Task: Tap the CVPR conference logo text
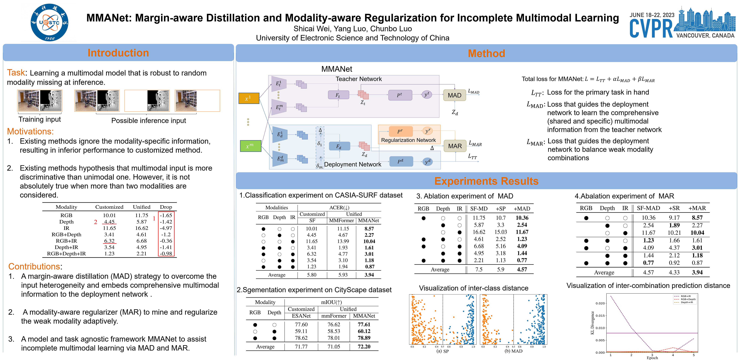(651, 29)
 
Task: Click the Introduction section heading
(118, 53)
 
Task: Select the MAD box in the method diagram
(454, 95)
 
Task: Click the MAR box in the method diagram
(455, 146)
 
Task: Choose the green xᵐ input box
(250, 146)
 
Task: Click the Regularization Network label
(408, 140)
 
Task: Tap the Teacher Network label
(358, 79)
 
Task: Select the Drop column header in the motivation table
(166, 207)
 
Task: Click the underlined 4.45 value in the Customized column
(109, 222)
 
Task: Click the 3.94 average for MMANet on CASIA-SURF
(369, 275)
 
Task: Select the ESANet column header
(301, 316)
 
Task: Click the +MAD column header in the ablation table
(522, 209)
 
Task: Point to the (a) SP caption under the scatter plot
(442, 351)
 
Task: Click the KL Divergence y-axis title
(592, 323)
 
